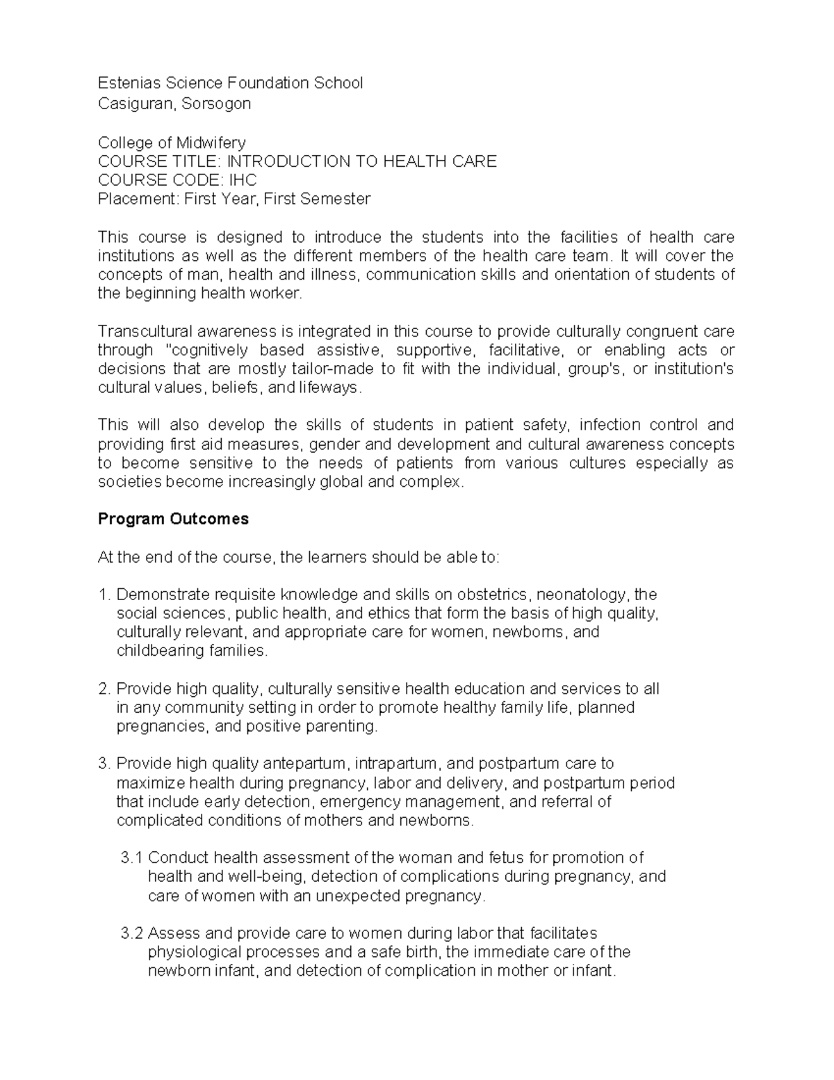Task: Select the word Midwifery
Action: tap(211, 143)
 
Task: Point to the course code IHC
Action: tap(243, 180)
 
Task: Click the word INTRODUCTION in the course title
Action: tap(289, 161)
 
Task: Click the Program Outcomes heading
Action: tap(173, 519)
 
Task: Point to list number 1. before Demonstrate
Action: tap(104, 595)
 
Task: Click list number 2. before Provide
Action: tap(104, 689)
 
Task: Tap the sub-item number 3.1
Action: tap(131, 857)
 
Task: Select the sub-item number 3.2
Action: tap(131, 933)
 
